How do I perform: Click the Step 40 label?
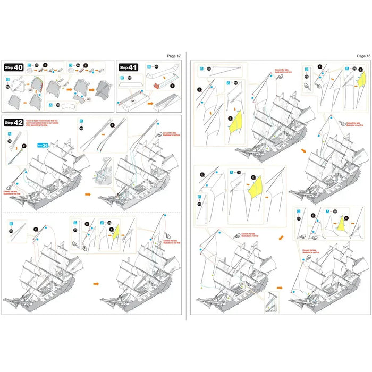click(x=15, y=67)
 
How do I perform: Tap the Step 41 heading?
click(x=128, y=67)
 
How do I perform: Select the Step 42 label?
click(x=15, y=123)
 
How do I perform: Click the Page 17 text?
click(x=174, y=55)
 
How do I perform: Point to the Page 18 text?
click(x=363, y=55)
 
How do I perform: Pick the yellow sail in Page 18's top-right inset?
click(x=361, y=80)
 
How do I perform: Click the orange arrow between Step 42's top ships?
click(x=88, y=195)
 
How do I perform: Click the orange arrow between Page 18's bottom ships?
click(x=280, y=288)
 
